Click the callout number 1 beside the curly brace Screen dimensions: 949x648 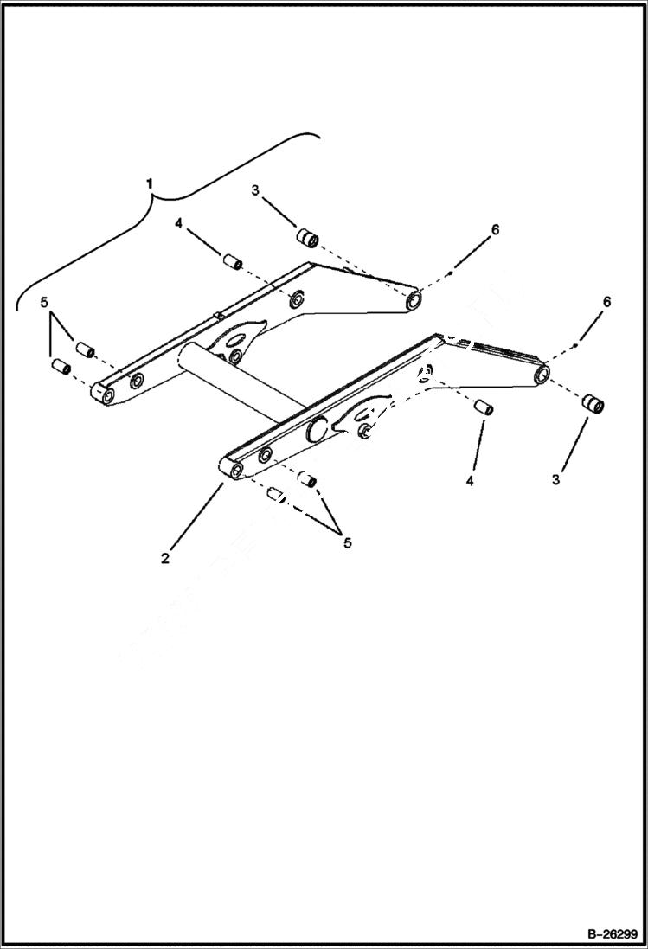coord(151,184)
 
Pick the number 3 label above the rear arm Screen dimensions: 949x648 coord(255,190)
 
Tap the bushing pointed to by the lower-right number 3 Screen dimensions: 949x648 coord(592,404)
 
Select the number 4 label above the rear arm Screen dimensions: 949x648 coord(177,223)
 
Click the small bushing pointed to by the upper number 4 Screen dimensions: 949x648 coord(231,260)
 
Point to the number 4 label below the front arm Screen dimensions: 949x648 coord(470,480)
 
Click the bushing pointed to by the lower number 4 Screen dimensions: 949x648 coord(484,407)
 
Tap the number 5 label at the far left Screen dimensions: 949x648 coord(43,303)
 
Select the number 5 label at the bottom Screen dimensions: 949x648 coord(347,543)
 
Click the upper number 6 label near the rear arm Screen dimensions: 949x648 coord(495,229)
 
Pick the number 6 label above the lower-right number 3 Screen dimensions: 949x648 coord(606,301)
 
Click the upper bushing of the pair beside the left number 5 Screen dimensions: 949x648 coord(84,349)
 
